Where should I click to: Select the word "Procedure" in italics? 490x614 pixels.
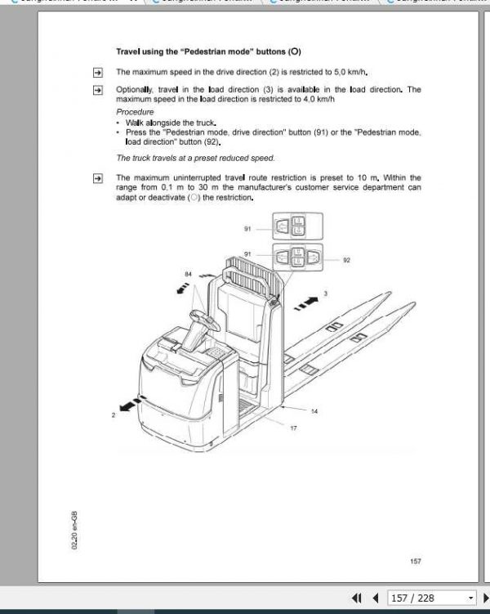coord(134,110)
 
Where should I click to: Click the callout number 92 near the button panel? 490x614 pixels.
coord(346,261)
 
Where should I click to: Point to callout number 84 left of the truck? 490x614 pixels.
coord(189,274)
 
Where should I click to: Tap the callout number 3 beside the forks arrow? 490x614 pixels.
coord(325,293)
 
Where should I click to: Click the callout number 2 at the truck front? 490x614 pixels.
coord(113,415)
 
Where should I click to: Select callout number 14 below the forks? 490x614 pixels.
coord(314,410)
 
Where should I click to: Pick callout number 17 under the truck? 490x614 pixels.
coord(293,428)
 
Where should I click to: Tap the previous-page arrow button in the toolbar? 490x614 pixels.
coord(375,598)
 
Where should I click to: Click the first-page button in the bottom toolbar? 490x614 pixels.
coord(357,598)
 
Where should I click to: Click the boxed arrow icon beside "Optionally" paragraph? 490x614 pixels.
coord(97,90)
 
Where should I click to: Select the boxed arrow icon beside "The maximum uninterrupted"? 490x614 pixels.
coord(97,177)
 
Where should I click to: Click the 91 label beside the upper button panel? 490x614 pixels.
coord(247,230)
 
